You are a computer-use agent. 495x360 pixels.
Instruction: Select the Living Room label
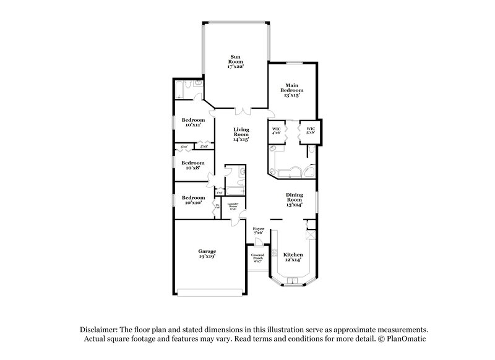point(241,134)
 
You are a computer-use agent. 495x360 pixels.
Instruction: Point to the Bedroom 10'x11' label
point(194,122)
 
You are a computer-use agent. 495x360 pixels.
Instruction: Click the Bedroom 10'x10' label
point(193,200)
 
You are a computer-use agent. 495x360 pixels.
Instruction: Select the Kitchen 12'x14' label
point(293,257)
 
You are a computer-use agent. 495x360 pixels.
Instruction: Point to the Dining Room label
point(294,199)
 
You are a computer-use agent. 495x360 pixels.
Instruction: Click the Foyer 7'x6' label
point(259,230)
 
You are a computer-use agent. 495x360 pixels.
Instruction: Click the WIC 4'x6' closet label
point(277,130)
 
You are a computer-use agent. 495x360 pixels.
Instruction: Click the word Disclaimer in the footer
point(99,330)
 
